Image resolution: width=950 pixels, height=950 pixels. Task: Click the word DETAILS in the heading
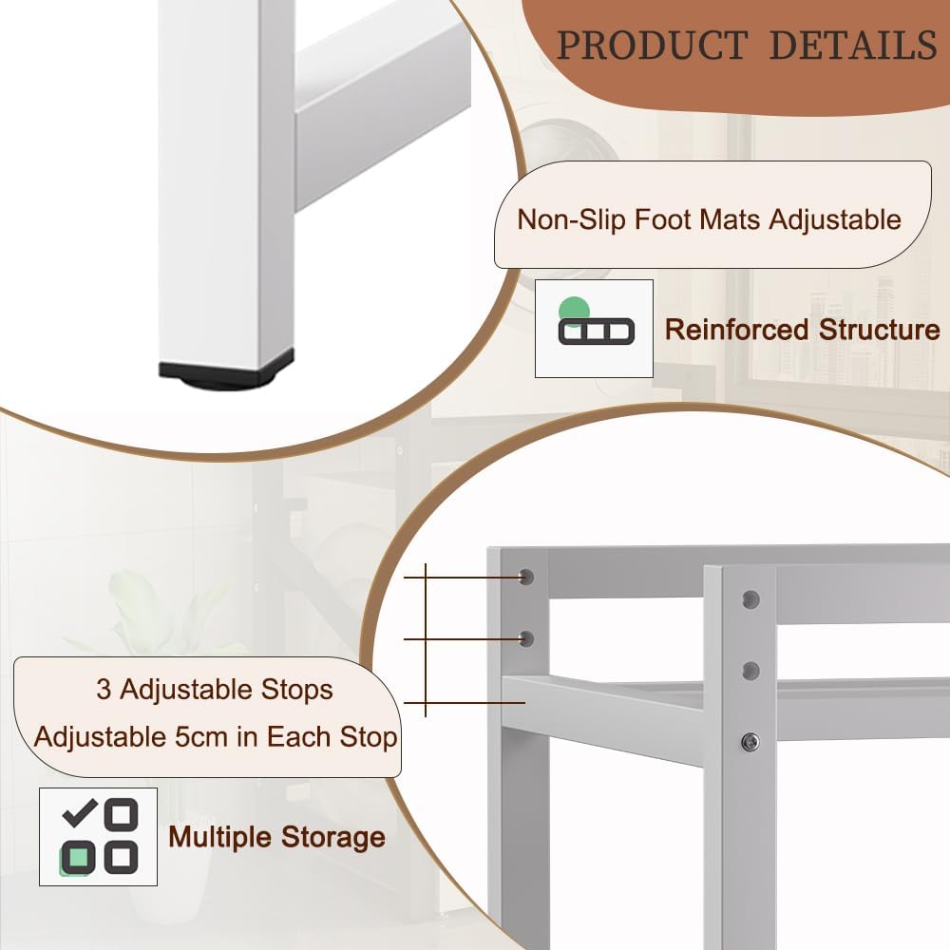(852, 45)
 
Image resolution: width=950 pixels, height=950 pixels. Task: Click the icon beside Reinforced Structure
(594, 328)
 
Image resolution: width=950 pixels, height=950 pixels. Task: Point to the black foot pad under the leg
(226, 373)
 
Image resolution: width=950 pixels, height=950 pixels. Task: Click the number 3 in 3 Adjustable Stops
(104, 689)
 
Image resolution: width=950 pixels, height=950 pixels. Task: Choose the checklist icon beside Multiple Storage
(98, 836)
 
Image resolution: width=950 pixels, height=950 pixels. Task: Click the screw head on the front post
(750, 741)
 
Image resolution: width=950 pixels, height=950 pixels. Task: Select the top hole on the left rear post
(527, 577)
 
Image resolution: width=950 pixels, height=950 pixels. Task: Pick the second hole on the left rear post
(527, 637)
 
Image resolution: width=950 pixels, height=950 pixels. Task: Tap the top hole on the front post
(750, 599)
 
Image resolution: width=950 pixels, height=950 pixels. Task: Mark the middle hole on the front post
(750, 671)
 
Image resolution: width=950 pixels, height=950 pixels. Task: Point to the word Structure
(874, 330)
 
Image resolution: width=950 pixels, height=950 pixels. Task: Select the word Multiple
(220, 837)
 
